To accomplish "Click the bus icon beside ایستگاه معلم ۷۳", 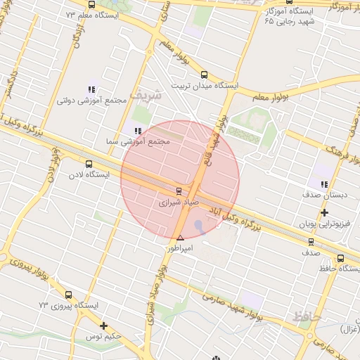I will coord(91,5).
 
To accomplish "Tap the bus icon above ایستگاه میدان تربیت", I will coord(204,74).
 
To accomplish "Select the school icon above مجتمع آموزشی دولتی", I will coord(91,89).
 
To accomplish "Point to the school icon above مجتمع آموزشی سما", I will coord(137,131).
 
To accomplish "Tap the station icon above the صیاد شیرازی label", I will coord(178,191).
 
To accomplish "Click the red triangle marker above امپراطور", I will coord(181,238).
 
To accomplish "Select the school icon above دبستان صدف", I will coord(324,184).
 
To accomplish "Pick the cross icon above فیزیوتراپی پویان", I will coord(324,213).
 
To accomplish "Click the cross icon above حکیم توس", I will coord(104,326).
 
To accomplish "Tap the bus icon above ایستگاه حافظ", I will coord(341,258).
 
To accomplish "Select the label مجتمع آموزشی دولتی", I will coord(92,101).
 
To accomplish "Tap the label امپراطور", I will coord(179,248).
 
